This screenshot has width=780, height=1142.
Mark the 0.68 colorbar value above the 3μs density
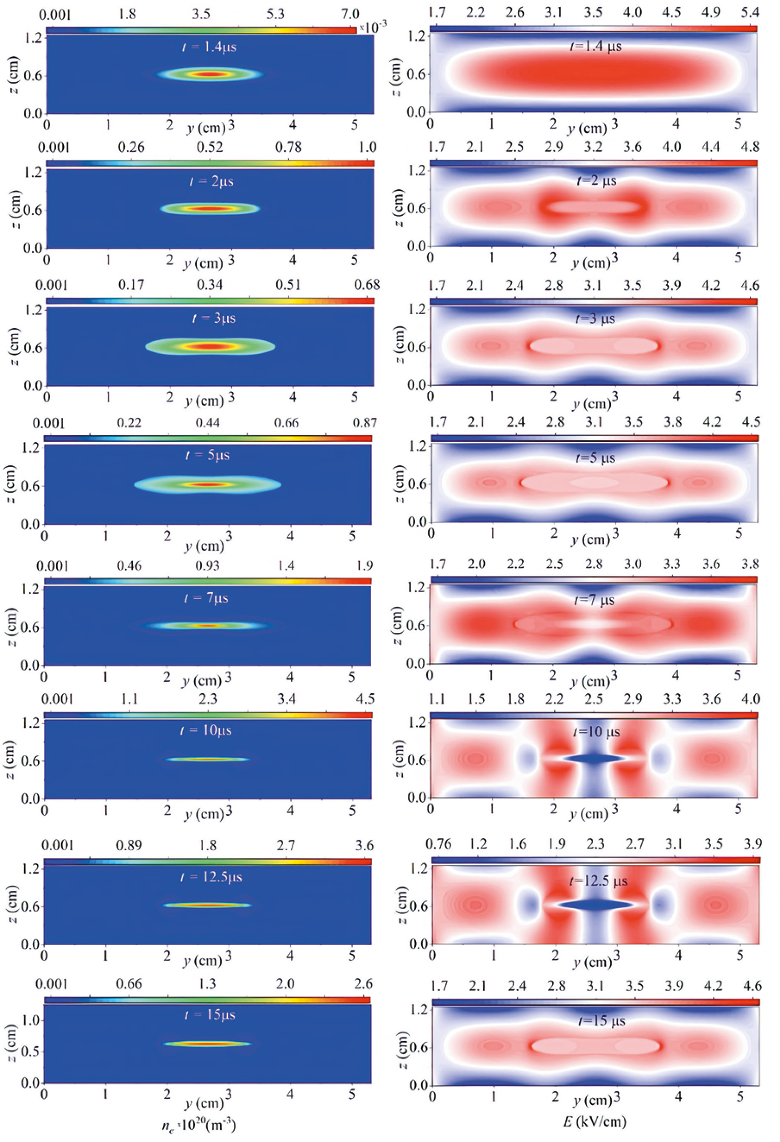tap(367, 285)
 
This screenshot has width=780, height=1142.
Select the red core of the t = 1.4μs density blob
tap(210, 75)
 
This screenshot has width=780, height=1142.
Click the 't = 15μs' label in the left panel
tap(207, 1015)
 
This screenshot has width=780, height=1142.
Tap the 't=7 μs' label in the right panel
tap(595, 600)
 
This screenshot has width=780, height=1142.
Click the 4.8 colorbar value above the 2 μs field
tap(749, 147)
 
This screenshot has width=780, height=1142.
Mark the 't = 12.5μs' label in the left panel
tap(211, 877)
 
